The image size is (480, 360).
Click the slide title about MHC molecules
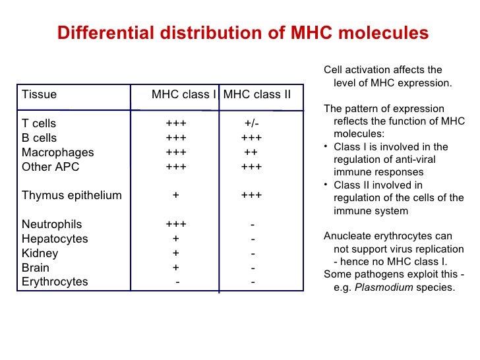click(243, 33)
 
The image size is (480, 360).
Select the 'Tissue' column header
click(40, 94)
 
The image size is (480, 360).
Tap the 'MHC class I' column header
click(184, 94)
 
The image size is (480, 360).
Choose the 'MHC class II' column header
click(256, 94)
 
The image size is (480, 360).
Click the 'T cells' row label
click(39, 124)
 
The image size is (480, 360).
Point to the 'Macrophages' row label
click(58, 152)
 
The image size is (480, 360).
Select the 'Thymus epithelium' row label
click(72, 195)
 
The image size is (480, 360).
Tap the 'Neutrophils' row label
click(52, 224)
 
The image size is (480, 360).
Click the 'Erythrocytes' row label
click(55, 282)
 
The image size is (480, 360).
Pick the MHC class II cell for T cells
click(252, 124)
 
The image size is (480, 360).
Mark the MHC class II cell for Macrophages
click(251, 152)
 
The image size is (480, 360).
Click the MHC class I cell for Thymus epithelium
click(176, 195)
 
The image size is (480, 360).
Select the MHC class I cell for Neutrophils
click(176, 224)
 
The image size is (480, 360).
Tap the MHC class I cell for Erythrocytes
click(177, 282)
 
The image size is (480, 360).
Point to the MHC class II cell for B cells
click(252, 138)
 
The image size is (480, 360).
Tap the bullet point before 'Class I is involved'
click(328, 147)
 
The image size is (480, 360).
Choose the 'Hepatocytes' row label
click(55, 239)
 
